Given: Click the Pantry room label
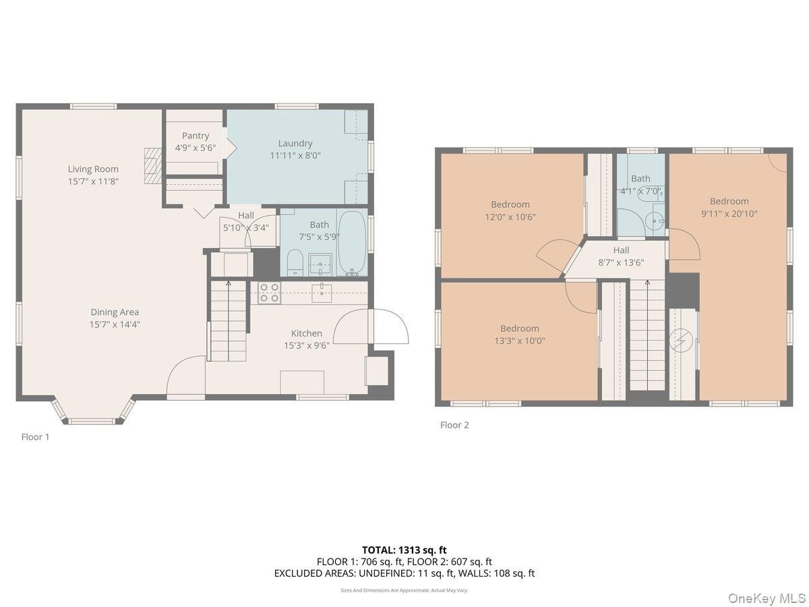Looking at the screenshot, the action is pos(196,136).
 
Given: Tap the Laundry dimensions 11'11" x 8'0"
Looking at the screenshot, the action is pos(295,156).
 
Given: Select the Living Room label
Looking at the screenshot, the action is pos(93,169).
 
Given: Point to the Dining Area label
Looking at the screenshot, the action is pos(115,312).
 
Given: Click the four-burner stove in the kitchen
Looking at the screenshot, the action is pos(270,293).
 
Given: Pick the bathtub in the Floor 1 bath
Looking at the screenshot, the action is pos(353,243).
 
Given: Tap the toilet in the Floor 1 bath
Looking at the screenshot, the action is pos(295,262).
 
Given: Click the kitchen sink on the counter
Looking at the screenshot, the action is pos(322,293).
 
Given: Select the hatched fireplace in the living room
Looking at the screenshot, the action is pos(153,166).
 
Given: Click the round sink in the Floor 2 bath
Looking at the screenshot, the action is pos(655,221).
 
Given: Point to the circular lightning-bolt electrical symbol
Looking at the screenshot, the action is pos(681,340).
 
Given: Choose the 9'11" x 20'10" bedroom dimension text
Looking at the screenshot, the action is pos(729,214).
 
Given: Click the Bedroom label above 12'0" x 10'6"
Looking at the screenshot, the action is pos(510,204).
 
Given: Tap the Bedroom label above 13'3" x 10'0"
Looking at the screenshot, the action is pos(519,328).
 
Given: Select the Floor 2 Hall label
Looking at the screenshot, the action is pos(621,250).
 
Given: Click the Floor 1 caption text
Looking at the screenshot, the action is pos(35,437).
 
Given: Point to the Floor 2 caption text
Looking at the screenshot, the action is pos(454,426).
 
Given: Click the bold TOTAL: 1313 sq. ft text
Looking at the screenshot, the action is pos(404,550).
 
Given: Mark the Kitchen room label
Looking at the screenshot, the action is pos(307,334).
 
